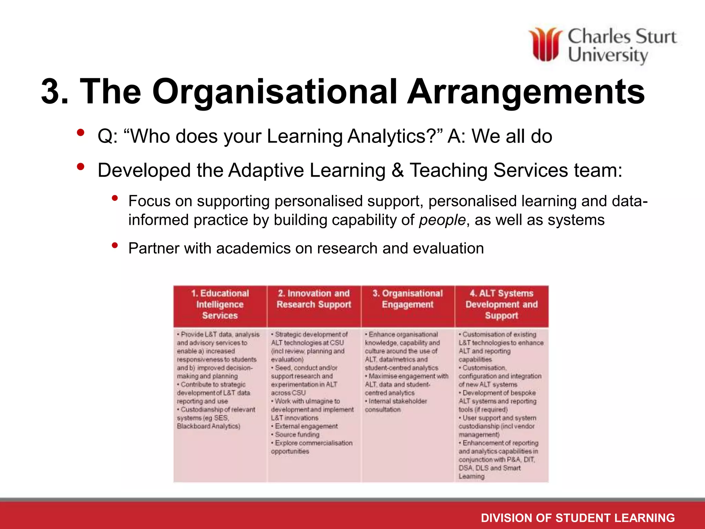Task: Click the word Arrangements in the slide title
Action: (x=526, y=92)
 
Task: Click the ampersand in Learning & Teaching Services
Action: (x=398, y=170)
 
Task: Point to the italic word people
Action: (x=442, y=220)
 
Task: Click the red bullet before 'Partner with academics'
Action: (x=115, y=246)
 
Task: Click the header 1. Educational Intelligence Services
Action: (x=220, y=304)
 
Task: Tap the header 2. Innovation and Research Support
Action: (x=314, y=299)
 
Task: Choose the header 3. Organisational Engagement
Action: (x=408, y=299)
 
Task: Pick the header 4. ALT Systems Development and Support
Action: (x=502, y=304)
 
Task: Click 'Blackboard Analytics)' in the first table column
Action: (x=209, y=426)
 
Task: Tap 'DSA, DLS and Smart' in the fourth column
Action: (x=490, y=468)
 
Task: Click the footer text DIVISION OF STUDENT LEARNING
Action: (x=578, y=518)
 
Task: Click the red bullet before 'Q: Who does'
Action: (x=81, y=133)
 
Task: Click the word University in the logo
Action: (x=608, y=55)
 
